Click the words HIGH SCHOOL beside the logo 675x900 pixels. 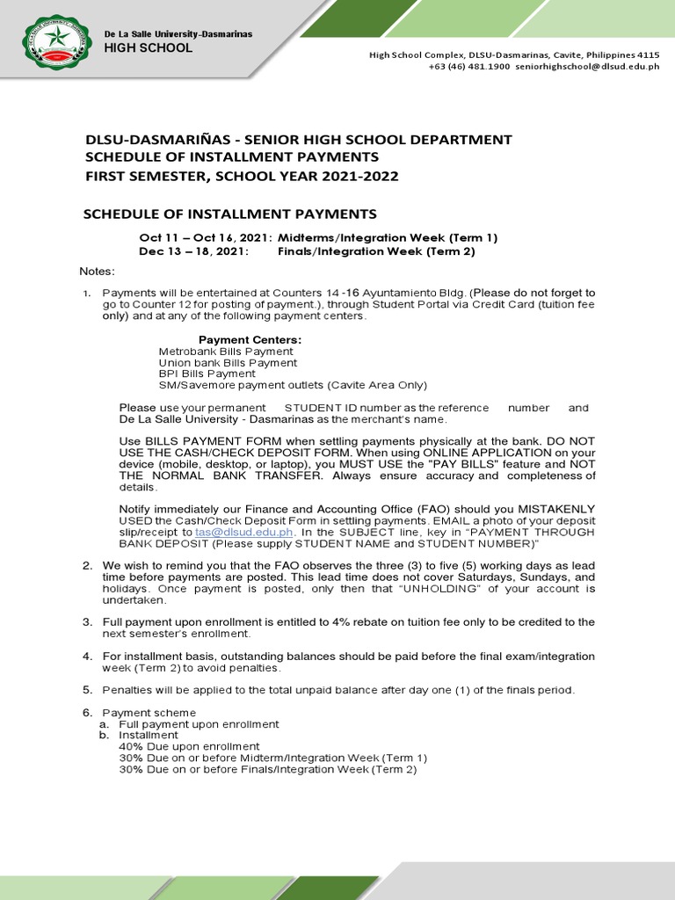[148, 48]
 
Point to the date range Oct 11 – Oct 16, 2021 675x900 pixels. [205, 238]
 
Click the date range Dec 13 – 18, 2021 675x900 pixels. [193, 251]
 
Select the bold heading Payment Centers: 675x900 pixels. [250, 340]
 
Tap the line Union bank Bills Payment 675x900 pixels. [228, 363]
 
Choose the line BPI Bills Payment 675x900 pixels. [207, 374]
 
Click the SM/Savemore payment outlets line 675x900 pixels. [293, 385]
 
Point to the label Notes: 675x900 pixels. [98, 271]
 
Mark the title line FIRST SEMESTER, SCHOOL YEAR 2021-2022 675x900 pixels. [242, 177]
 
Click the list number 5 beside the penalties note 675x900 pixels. [87, 690]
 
